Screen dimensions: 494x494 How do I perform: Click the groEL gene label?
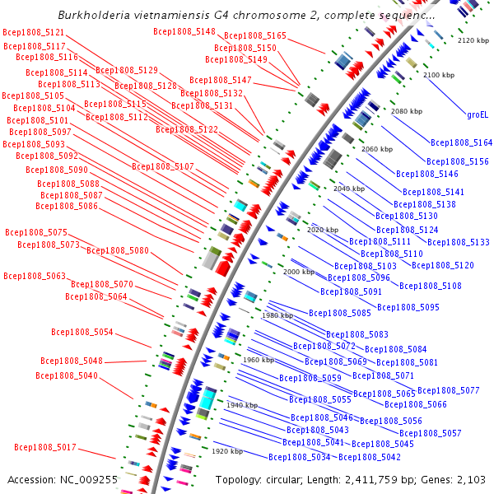[x=478, y=114]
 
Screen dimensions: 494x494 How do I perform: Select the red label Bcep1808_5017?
[x=45, y=447]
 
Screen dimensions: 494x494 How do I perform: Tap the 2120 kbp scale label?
[x=473, y=40]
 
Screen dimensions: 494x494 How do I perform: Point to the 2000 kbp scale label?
[x=299, y=272]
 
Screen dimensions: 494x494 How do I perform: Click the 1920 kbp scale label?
[x=227, y=451]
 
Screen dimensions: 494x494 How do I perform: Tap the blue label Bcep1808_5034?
[x=300, y=457]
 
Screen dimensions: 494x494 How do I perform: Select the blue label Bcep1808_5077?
[x=448, y=390]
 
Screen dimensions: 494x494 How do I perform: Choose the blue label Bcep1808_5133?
[x=459, y=242]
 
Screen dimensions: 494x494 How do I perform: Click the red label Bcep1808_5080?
[x=118, y=250]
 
